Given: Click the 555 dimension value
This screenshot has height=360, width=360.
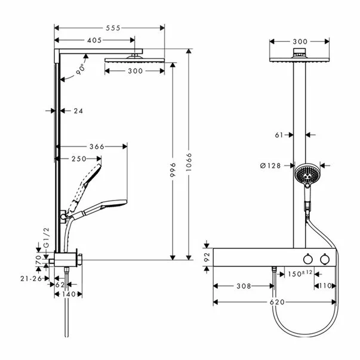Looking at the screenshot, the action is [x=113, y=28].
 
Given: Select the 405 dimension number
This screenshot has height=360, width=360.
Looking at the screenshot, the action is [x=94, y=41].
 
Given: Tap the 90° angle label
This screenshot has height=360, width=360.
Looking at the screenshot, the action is [x=81, y=69].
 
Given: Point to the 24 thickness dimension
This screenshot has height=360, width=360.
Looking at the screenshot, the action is [x=78, y=111].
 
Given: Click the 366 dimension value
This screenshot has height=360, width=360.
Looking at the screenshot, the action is [x=97, y=146].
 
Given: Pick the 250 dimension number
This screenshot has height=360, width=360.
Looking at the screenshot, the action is [x=79, y=159].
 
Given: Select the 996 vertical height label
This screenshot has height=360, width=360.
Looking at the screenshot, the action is [x=173, y=170].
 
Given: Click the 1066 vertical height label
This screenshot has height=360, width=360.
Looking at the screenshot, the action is [x=189, y=162].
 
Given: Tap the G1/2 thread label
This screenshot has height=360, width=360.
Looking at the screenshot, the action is [x=47, y=238].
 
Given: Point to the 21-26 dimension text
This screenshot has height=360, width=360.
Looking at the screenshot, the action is [x=31, y=279].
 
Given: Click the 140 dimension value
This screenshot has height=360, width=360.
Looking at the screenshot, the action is [x=69, y=294].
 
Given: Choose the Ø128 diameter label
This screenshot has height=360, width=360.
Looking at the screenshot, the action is [x=270, y=165].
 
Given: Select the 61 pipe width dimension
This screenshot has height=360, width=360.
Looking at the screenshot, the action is [x=279, y=135].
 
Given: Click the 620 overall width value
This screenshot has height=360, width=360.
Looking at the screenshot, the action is [x=278, y=302].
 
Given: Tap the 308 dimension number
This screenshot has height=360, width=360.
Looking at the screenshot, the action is [x=244, y=286].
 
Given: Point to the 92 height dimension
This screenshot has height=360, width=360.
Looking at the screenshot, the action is [x=207, y=257].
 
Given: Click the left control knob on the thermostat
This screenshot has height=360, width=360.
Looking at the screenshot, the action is [x=307, y=259].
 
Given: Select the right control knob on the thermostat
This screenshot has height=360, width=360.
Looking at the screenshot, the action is [x=325, y=259].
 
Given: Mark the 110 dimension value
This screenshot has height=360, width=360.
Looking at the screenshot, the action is [x=326, y=286].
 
